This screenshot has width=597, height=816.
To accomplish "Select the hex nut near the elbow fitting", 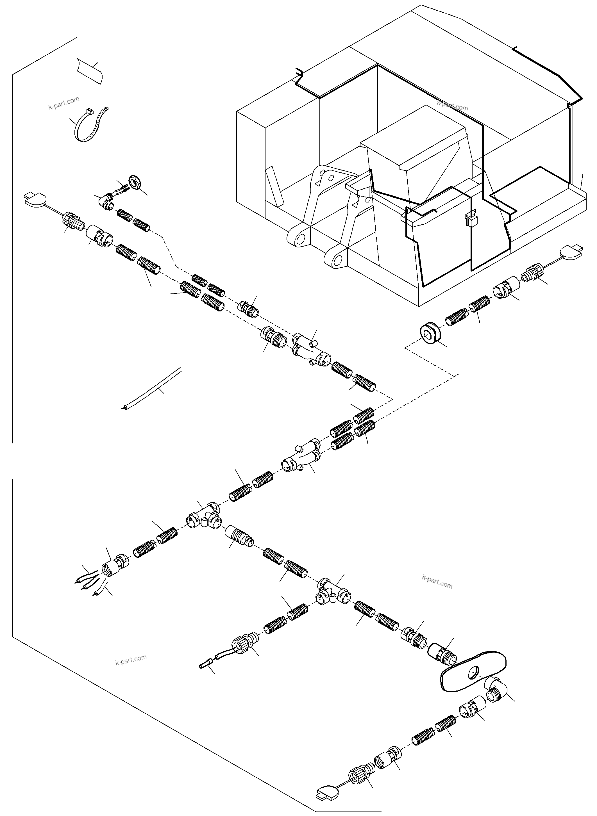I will pyautogui.click(x=135, y=183).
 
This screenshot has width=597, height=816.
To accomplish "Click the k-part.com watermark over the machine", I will pyautogui.click(x=452, y=106).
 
